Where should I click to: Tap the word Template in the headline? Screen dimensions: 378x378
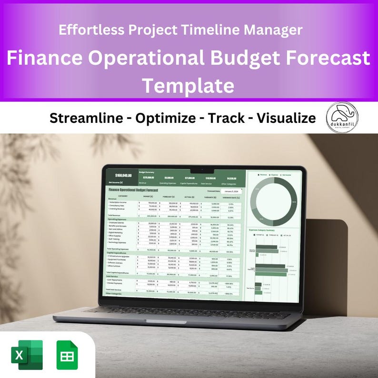point(189,86)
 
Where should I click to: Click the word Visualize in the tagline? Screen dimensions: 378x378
point(286,118)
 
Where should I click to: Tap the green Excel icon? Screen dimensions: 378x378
point(27,355)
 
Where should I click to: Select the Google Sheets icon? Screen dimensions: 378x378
point(67,355)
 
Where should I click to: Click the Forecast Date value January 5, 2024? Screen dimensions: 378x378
point(231,191)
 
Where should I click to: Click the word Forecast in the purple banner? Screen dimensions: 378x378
point(328,59)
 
